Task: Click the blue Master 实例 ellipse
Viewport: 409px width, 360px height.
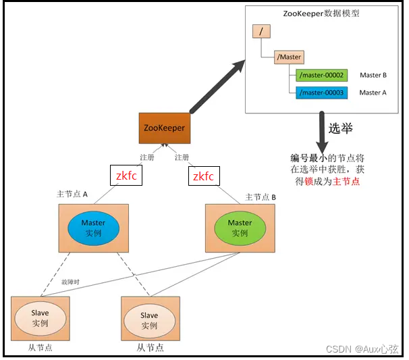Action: (93, 228)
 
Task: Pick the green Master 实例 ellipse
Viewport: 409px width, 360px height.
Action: (240, 228)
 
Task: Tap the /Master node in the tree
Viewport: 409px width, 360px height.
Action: (289, 57)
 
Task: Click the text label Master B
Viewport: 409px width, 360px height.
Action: (373, 75)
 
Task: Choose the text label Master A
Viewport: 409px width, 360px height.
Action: (373, 93)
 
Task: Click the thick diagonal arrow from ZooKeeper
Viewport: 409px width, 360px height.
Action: (217, 86)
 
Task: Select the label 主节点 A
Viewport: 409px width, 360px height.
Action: (72, 195)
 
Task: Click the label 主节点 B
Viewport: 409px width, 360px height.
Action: (261, 197)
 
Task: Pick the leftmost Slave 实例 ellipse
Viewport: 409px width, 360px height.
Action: (40, 317)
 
